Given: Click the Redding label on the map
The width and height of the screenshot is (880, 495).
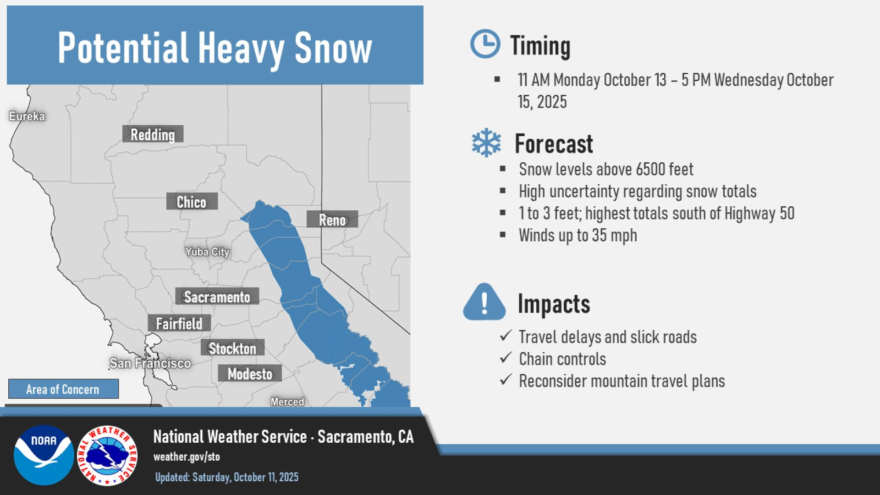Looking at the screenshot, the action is (153, 134).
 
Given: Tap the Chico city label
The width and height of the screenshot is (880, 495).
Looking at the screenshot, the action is (192, 202).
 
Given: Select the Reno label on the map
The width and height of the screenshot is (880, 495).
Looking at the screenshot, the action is (332, 220).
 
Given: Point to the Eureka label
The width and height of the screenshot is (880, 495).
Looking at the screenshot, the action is (27, 116).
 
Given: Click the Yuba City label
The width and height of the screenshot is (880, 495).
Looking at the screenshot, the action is (207, 252).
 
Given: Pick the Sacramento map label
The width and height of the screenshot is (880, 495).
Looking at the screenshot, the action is (217, 297).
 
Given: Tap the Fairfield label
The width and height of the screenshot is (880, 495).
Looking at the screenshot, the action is (179, 323).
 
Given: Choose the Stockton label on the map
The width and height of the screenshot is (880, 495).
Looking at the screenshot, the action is (232, 348).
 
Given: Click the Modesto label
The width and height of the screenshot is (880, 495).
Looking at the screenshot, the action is (250, 374).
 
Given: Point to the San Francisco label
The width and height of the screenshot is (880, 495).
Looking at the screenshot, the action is (150, 363).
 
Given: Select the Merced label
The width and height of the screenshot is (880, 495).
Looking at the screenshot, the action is (287, 402).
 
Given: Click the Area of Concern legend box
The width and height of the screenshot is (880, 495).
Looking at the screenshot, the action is (63, 389).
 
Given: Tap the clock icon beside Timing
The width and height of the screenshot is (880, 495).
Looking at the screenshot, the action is (485, 44).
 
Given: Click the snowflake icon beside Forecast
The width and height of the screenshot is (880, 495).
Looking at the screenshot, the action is (486, 143).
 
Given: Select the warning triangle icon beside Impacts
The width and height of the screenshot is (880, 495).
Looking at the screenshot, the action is (484, 302).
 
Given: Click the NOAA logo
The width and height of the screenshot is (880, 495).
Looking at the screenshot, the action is (44, 455).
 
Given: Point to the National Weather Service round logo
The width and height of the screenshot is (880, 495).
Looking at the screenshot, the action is (107, 456).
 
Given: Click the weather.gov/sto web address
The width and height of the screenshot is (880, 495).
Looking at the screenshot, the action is (187, 457).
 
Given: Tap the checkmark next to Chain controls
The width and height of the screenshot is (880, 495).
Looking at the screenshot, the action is (506, 357).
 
